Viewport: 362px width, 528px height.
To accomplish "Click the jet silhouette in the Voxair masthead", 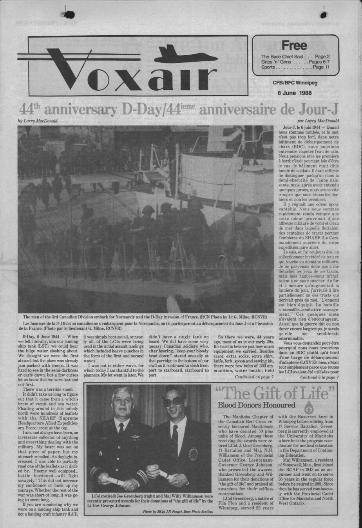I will [190, 55].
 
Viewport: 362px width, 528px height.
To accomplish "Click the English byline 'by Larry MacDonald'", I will [38, 121].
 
